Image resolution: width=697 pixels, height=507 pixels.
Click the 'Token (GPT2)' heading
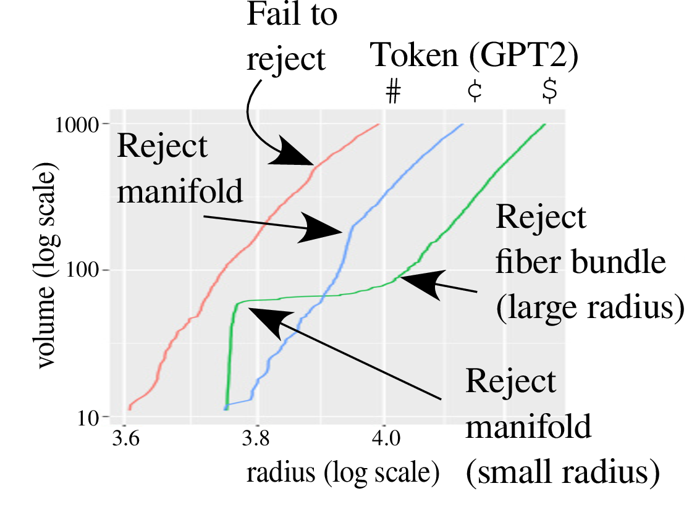tap(475, 56)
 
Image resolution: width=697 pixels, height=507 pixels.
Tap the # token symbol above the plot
tap(393, 91)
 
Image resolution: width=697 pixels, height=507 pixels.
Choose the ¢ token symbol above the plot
tap(474, 91)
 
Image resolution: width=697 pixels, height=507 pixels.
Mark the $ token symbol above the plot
tap(549, 91)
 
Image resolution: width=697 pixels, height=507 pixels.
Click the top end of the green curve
tap(544, 125)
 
